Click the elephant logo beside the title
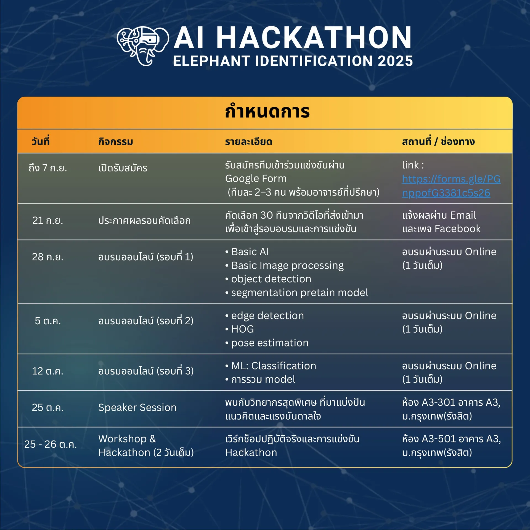click(143, 46)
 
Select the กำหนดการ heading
click(267, 112)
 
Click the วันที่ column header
click(41, 141)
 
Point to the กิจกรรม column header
click(116, 142)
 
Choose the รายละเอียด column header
click(249, 142)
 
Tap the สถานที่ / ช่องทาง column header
click(438, 142)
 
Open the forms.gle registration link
click(451, 186)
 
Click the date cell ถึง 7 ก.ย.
click(48, 168)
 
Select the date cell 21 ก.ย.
click(48, 221)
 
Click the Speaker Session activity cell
click(137, 408)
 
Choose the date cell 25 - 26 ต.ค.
click(51, 444)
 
